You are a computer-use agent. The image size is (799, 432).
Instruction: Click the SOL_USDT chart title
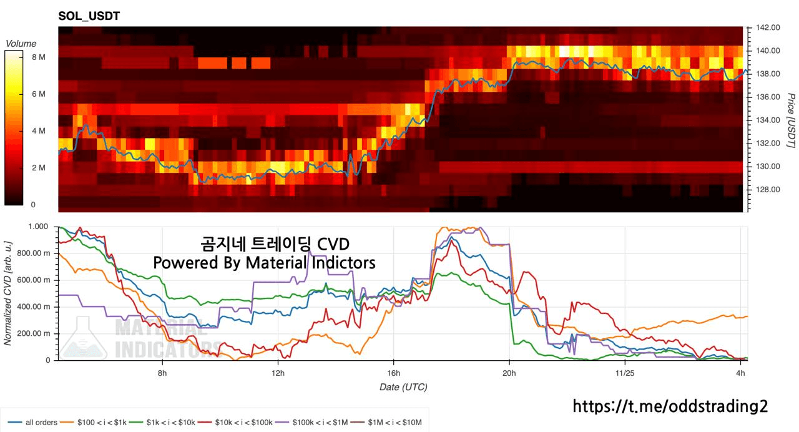click(89, 16)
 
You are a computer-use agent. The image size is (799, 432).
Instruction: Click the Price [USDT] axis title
click(790, 120)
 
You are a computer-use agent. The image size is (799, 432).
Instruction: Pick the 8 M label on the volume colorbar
click(38, 57)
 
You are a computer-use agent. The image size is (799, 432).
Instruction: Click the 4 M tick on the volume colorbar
click(38, 130)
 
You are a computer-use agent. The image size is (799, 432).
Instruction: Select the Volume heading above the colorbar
click(21, 44)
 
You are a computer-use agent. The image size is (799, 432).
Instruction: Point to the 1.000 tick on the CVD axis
click(39, 227)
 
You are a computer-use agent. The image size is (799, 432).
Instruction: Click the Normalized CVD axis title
click(9, 292)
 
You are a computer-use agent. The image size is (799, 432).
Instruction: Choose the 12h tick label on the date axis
click(278, 373)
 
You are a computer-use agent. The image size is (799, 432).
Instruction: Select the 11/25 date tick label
click(624, 373)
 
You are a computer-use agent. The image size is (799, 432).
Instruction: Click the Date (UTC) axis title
click(403, 387)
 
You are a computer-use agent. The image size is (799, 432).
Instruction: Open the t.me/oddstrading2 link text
click(670, 406)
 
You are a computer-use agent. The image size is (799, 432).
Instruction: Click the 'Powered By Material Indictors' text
click(264, 263)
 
